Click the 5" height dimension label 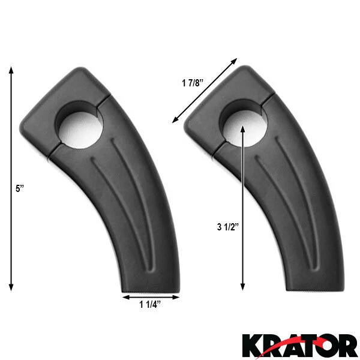click(x=19, y=188)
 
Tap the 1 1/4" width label click(x=149, y=304)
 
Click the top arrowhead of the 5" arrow click(x=11, y=70)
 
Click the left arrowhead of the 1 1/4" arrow click(x=125, y=295)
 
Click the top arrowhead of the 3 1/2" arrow click(x=242, y=127)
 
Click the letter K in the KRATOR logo click(x=254, y=345)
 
